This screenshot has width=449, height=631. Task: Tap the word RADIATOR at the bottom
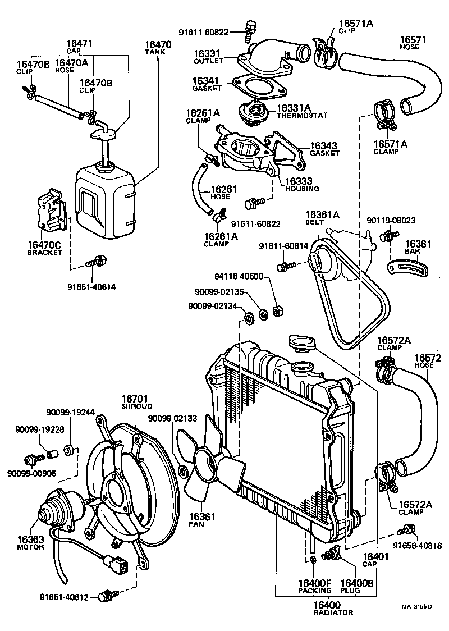326,612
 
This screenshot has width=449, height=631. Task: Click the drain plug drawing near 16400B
331,553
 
